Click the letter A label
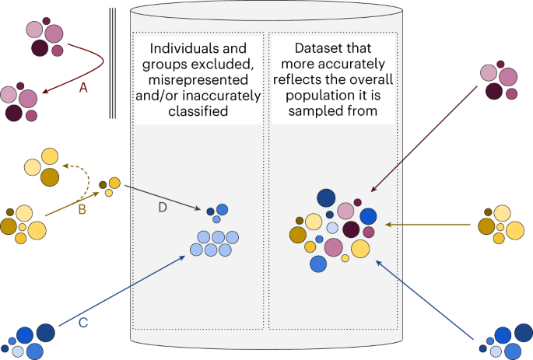click(83, 88)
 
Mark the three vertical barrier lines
click(112, 62)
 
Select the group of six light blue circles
click(211, 243)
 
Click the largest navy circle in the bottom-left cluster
click(45, 332)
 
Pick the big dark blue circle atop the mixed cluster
click(325, 198)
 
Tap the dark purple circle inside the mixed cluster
click(352, 229)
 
